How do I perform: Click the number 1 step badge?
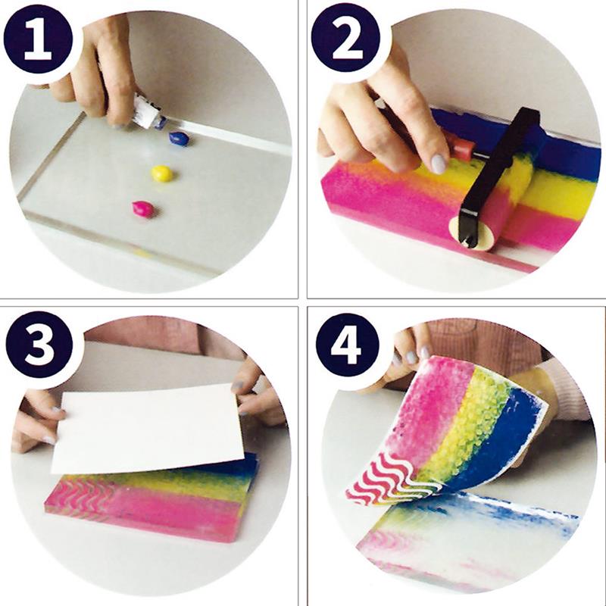pos(39,39)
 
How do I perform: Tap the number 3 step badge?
pos(39,345)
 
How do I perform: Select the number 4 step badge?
pos(346,345)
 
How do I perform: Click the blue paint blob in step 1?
pos(179,139)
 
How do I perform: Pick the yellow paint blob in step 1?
pos(161,173)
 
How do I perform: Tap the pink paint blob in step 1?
pos(143,210)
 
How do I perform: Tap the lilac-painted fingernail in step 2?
pos(438,164)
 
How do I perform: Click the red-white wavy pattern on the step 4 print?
pos(390,479)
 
